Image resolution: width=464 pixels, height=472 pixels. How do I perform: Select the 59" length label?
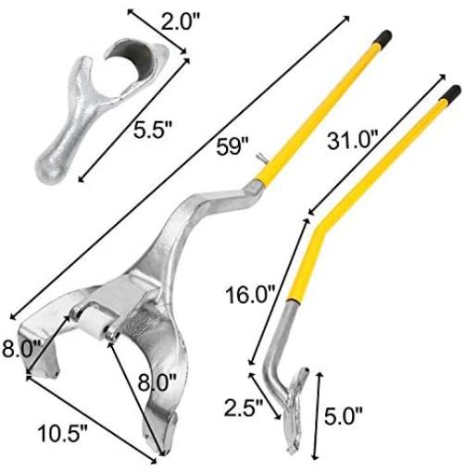[232, 146]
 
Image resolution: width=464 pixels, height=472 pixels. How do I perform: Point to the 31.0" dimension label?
[353, 140]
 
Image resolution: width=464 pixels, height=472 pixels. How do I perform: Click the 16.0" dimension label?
[250, 295]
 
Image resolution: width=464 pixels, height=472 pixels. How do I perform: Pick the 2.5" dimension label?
[244, 407]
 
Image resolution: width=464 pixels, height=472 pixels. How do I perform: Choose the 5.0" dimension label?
[344, 416]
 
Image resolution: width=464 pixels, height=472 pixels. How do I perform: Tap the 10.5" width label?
[63, 433]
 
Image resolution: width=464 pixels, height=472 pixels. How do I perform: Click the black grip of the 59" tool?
[382, 37]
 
